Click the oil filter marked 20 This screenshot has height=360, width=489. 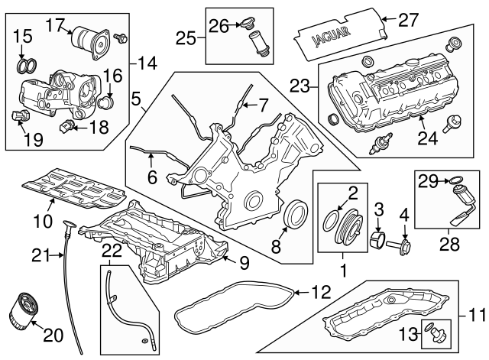point(21,310)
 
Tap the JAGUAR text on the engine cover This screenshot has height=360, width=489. point(331,36)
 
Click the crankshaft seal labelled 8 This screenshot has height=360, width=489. point(295,214)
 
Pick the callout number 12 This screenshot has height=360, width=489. point(320,293)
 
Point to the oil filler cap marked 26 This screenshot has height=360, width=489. point(246,24)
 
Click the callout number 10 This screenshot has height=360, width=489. point(43,221)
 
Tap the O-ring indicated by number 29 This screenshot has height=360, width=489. point(455,180)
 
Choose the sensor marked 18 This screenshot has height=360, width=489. point(66,127)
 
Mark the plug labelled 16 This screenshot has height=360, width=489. point(106,102)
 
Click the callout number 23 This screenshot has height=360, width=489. point(300,86)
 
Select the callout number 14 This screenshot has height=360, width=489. point(147,63)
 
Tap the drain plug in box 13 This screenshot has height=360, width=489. point(436,333)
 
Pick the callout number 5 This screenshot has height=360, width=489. point(136,99)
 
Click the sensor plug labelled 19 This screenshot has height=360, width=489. point(21,115)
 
